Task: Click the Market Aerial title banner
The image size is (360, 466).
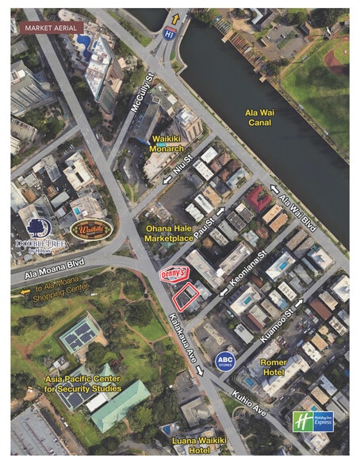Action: pyautogui.click(x=54, y=27)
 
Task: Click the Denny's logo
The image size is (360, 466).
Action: pyautogui.click(x=174, y=273)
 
